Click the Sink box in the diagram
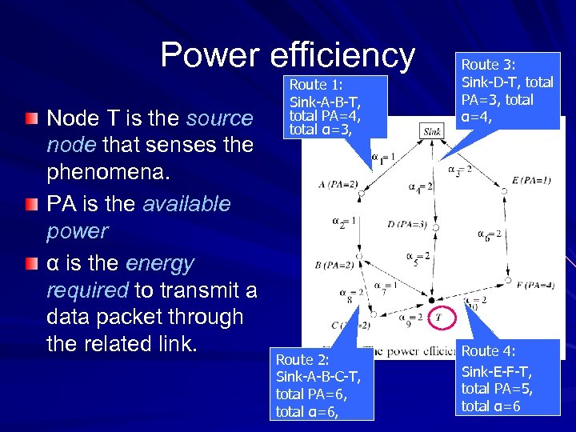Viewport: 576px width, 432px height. click(x=432, y=131)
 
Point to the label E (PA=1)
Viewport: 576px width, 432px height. click(x=531, y=180)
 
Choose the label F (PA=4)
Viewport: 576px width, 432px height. click(x=535, y=285)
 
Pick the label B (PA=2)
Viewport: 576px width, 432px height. click(x=334, y=265)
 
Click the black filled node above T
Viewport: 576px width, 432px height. click(x=433, y=298)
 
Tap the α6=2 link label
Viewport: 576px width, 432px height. click(x=490, y=234)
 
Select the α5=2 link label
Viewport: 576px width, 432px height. click(x=418, y=258)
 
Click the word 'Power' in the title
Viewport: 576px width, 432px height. click(x=210, y=55)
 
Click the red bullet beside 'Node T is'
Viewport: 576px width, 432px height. click(x=30, y=118)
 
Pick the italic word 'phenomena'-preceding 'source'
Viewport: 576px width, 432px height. click(x=219, y=118)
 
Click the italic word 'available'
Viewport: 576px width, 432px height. click(x=186, y=204)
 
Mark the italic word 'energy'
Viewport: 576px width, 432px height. click(x=160, y=263)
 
